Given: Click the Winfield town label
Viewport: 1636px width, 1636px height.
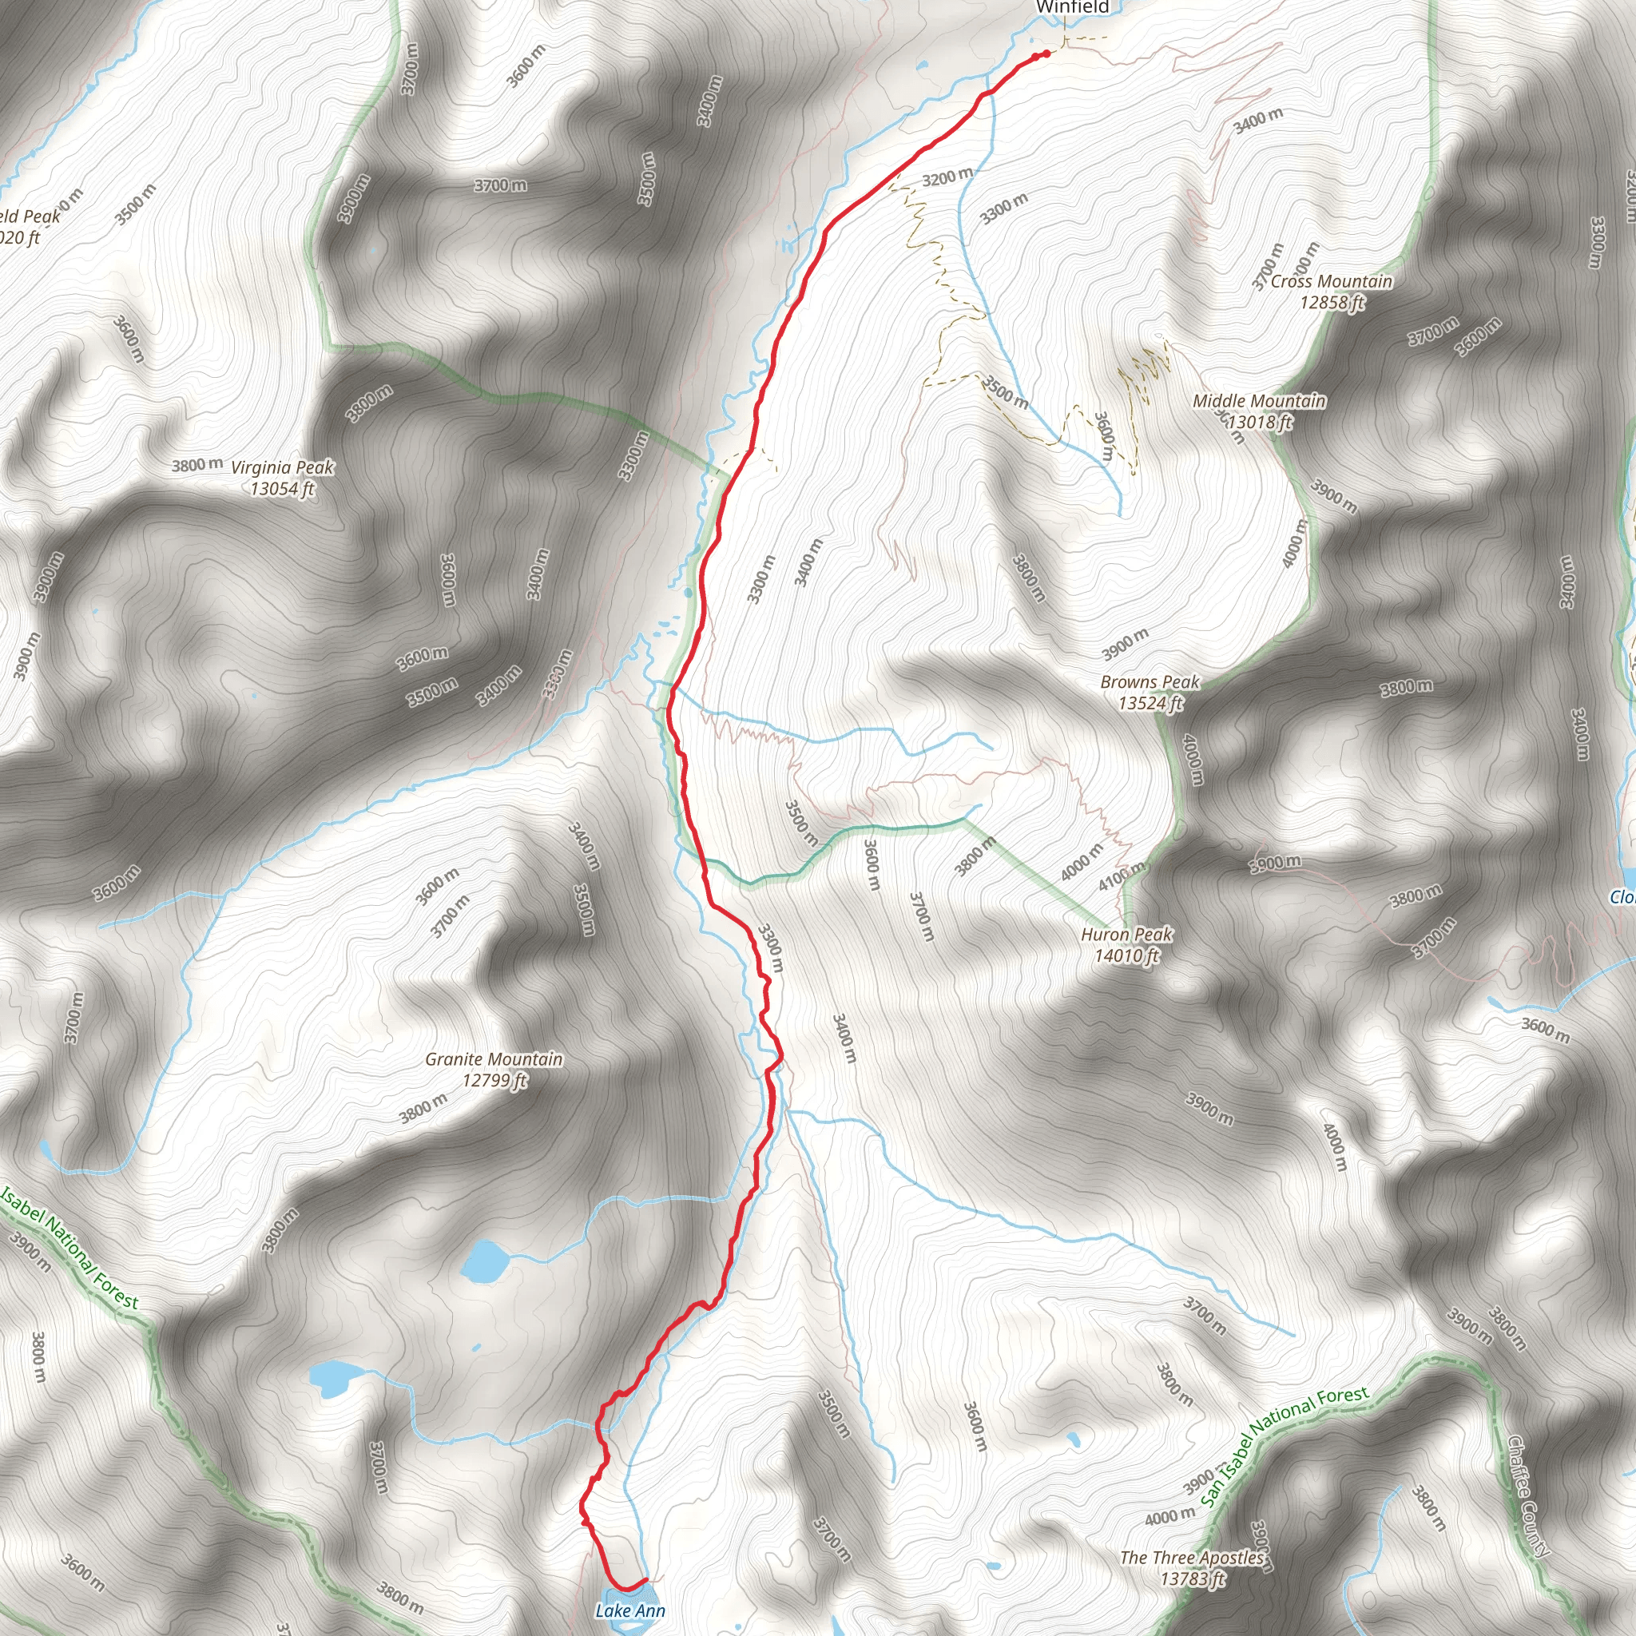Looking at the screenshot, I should click(1072, 8).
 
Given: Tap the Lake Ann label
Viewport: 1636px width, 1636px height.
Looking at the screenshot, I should click(630, 1610).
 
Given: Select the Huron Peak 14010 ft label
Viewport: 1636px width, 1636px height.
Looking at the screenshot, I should click(1126, 945).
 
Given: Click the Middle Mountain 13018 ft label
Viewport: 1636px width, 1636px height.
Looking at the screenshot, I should click(1259, 411).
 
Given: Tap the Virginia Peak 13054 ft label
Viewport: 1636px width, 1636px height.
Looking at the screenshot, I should click(282, 478).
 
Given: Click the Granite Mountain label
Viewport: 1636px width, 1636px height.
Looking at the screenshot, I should click(494, 1069).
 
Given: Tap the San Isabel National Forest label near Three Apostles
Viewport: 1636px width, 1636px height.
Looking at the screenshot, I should click(1284, 1447).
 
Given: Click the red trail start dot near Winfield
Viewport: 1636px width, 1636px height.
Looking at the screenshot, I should click(1046, 54).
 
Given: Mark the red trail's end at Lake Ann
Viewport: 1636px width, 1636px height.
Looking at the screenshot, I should click(645, 1578).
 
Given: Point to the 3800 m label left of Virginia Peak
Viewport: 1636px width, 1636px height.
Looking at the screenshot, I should click(197, 465).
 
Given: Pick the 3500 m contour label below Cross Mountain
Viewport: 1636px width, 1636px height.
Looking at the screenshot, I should click(1005, 393).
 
